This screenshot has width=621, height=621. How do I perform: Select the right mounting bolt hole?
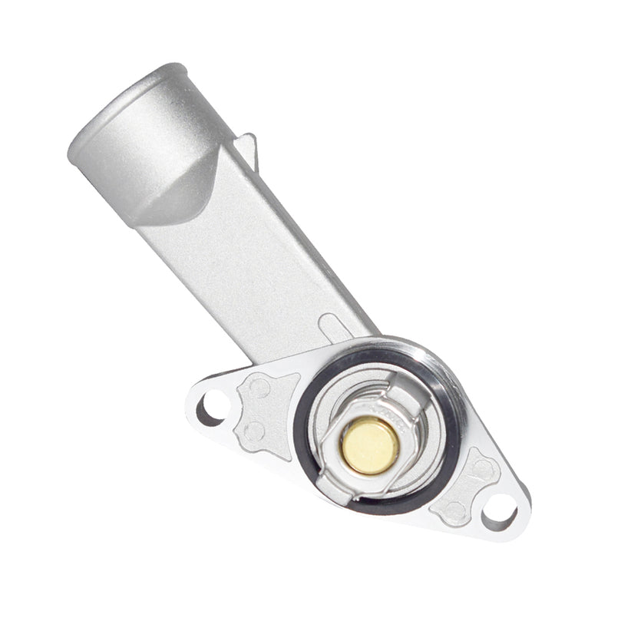coord(500,507)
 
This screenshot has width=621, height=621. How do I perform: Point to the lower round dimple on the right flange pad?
coord(454,509)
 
